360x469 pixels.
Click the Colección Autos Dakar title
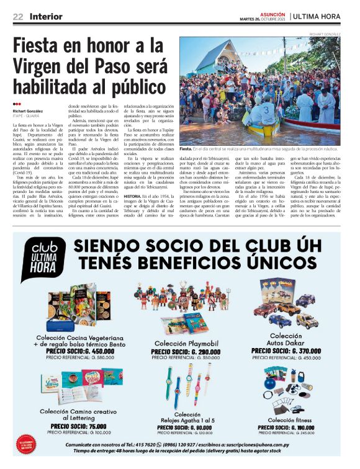(x=287, y=339)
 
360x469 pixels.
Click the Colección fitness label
(x=286, y=420)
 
